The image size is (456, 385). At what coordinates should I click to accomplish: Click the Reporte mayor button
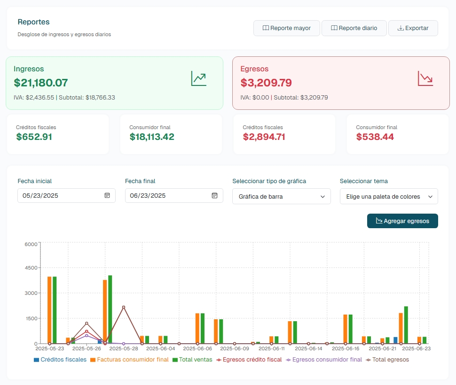click(287, 28)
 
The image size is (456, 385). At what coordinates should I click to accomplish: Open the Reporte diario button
click(354, 28)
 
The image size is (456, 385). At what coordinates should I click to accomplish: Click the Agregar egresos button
click(402, 221)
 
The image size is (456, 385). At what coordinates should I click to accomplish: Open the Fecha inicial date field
click(61, 195)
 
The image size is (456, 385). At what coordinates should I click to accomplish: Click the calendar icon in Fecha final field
click(214, 195)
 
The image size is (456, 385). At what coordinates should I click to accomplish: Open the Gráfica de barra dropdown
click(281, 197)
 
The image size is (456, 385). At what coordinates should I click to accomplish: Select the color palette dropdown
click(389, 197)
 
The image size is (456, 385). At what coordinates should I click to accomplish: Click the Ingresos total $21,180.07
click(41, 83)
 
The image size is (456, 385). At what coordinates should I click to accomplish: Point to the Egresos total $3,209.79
click(266, 83)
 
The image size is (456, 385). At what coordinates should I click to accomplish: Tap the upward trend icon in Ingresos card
click(198, 78)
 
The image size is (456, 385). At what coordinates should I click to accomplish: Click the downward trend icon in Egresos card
click(425, 78)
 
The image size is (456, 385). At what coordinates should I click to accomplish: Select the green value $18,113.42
click(152, 137)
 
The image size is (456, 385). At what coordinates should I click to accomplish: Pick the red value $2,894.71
click(264, 137)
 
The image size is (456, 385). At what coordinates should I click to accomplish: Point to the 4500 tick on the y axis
click(31, 268)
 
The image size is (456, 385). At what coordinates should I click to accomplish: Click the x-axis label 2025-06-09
click(235, 349)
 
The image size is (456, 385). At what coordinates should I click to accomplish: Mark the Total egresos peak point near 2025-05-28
click(124, 307)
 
